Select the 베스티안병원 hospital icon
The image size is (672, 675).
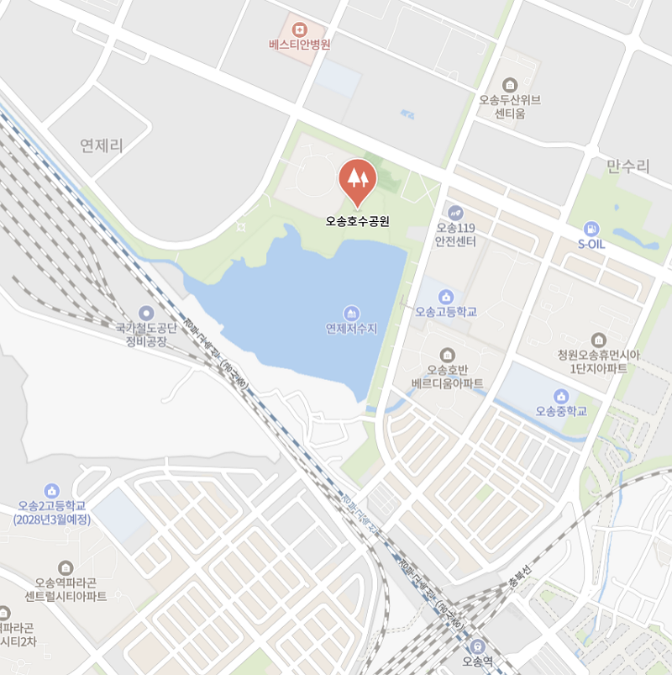coord(300,28)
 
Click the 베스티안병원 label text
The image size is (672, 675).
coord(300,45)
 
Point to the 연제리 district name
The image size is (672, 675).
coord(102,145)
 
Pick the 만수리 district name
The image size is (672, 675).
coord(628,166)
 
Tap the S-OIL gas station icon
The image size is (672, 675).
coord(591,229)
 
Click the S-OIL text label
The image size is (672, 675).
coord(591,244)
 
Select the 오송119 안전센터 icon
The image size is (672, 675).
coord(456,213)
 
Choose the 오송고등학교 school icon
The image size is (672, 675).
coord(445,296)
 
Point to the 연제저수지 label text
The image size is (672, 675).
coord(352,328)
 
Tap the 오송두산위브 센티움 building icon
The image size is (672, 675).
coord(510,84)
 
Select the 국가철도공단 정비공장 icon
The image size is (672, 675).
coord(147,313)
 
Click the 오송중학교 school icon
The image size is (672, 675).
coord(561,396)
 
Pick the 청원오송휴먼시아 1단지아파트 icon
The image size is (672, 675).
coord(599,340)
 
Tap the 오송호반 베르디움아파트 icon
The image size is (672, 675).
coord(447,354)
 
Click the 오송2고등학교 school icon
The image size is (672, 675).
coord(52,490)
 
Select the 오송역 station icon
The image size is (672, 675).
coord(477,646)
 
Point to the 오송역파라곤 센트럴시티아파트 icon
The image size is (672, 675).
coord(66,567)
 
